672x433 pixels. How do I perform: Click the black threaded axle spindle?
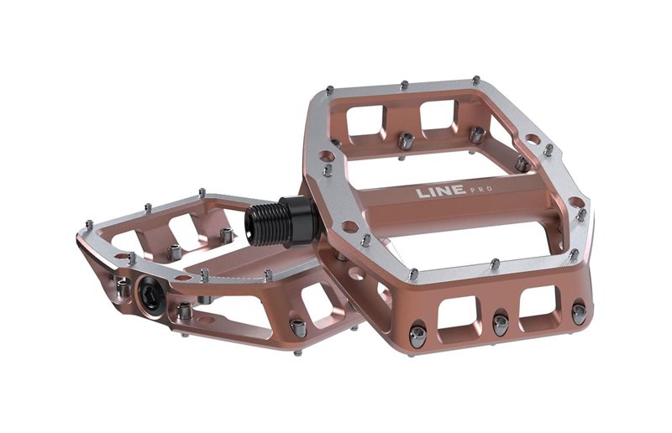click(x=269, y=222)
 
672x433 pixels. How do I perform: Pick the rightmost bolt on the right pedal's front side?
click(x=579, y=312)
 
